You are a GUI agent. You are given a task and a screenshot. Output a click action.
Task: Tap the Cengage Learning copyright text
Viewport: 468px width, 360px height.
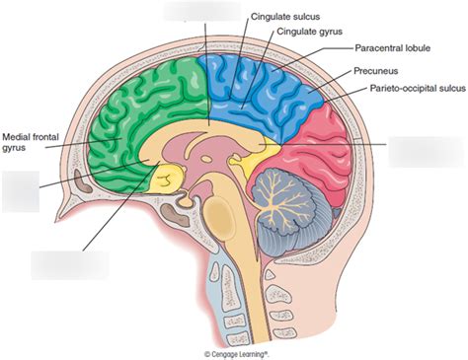pyautogui.click(x=237, y=352)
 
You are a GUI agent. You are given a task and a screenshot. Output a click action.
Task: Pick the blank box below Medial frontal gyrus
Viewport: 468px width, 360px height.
pyautogui.click(x=21, y=191)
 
